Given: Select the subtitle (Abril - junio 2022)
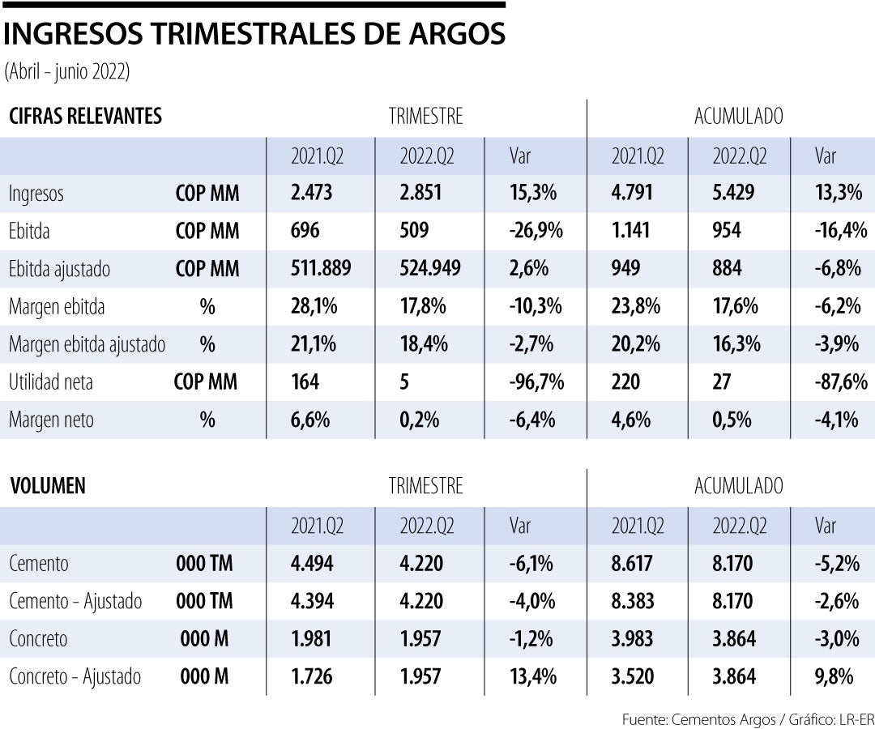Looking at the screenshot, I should pos(67,71).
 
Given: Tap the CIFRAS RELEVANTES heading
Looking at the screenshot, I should pos(85,116).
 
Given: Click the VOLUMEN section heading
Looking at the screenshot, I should pos(48,486).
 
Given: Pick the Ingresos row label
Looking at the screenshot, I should pos(36,194).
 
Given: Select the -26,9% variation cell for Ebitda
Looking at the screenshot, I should pos(536,232).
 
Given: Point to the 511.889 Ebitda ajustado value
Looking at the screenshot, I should pos(321,269).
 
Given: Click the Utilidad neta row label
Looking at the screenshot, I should pos(51,382).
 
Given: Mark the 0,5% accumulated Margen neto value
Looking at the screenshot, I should pos(732,420).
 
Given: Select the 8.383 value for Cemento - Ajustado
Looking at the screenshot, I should pos(633,601).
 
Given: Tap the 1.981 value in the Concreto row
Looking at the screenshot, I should pos(312,639).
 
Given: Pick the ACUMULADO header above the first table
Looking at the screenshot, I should pos(738,116).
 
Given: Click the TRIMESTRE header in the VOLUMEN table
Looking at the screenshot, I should pos(425,486).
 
